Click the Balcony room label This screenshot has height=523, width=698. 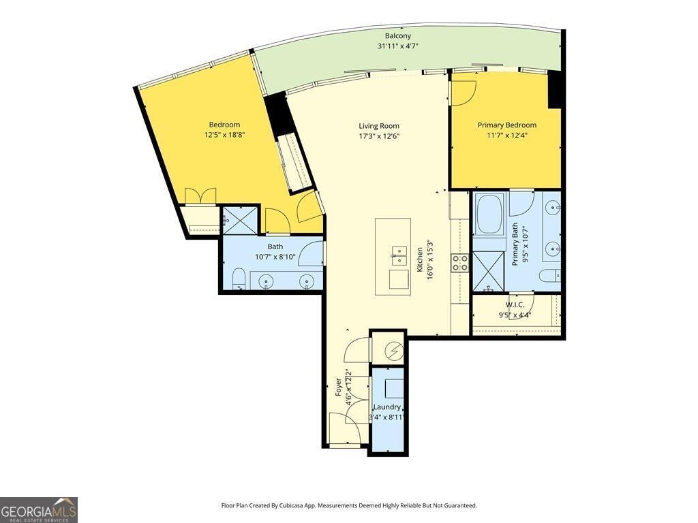coord(397,36)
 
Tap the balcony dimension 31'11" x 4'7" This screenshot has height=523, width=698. coord(397,46)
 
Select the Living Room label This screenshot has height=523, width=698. coord(379,126)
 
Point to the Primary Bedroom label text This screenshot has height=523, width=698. coord(506,125)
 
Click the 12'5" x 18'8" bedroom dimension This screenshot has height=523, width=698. coord(224,135)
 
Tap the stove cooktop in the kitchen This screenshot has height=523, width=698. coord(460,263)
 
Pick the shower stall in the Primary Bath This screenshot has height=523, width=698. coord(489,271)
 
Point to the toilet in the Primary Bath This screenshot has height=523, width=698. coord(548,276)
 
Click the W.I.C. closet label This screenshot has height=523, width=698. coord(515,304)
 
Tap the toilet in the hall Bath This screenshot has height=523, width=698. coord(239,279)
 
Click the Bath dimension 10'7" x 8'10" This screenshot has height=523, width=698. coord(275,257)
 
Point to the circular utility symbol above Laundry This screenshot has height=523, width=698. coord(394,351)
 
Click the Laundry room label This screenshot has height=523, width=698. coord(386,407)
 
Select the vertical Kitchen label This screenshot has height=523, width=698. coord(420,259)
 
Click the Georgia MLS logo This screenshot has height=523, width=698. coord(39,509)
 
